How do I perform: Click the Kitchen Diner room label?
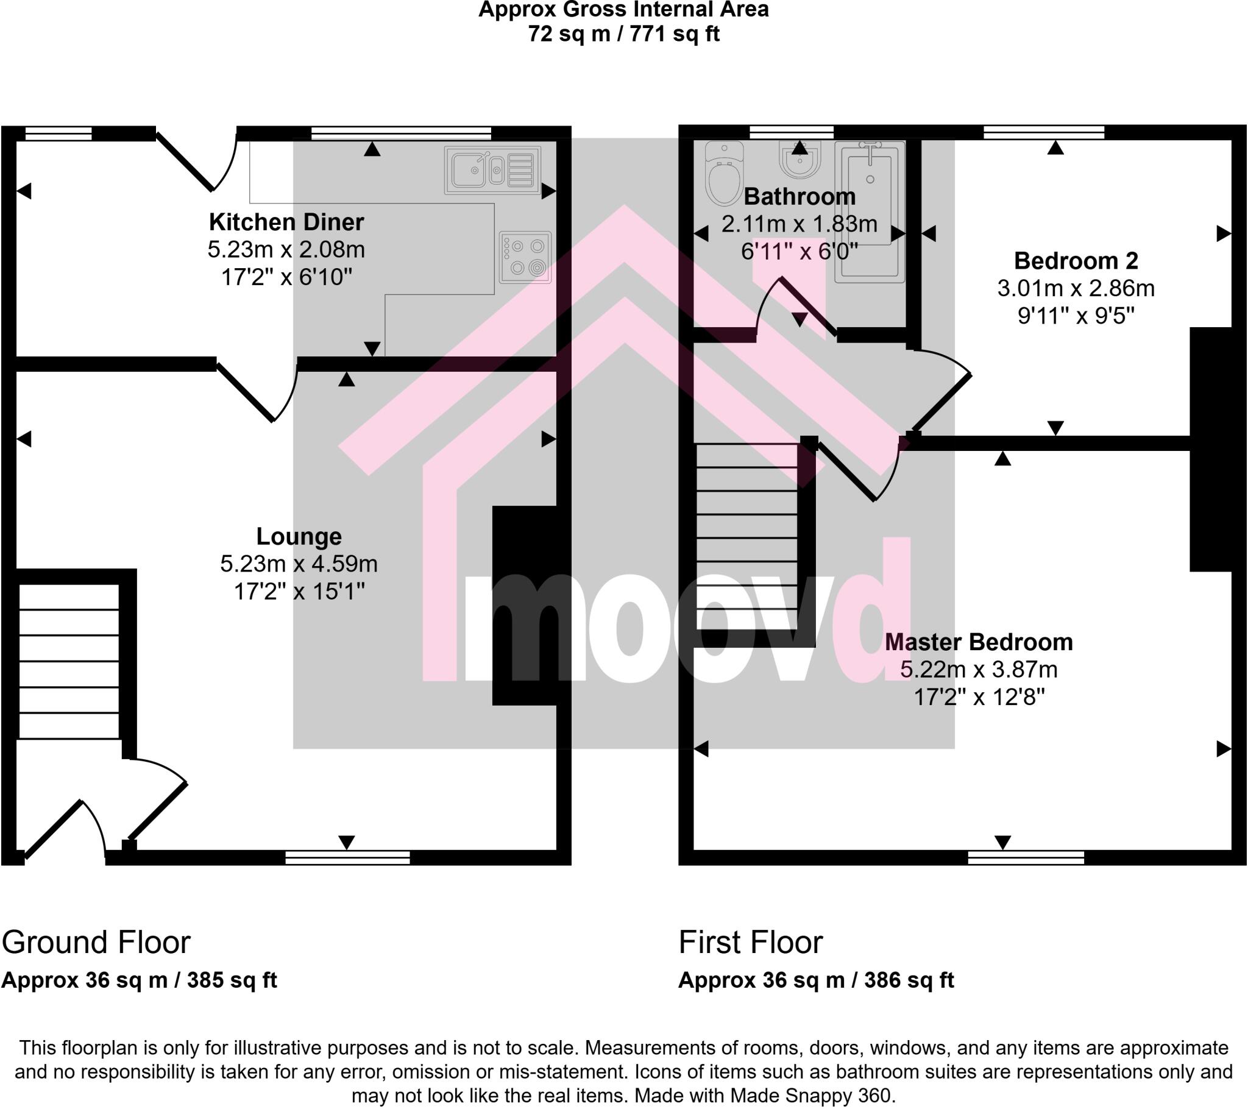(286, 222)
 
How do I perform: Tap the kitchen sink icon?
(492, 171)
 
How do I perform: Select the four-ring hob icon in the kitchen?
(525, 257)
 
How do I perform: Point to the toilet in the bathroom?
(723, 174)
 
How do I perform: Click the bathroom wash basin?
(799, 160)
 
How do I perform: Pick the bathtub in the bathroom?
(870, 211)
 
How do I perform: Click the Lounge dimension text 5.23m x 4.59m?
(299, 564)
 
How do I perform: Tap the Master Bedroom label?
(978, 642)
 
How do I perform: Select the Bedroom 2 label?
(1076, 261)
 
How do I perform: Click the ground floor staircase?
(69, 661)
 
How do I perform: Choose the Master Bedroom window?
(1026, 857)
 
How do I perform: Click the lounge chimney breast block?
(525, 605)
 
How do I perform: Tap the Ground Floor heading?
(96, 942)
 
